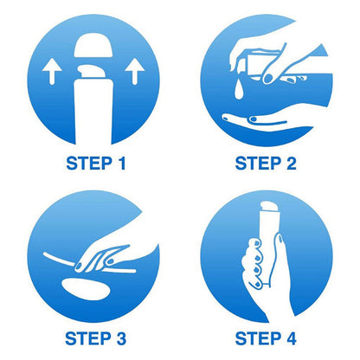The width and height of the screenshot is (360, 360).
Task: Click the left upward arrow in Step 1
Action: point(52,71)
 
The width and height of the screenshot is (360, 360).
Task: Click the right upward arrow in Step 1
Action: point(135,71)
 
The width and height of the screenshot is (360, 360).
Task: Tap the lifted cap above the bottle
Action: point(93,45)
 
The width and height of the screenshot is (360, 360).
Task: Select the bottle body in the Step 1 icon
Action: point(93,112)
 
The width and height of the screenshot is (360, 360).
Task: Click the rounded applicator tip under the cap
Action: point(93,71)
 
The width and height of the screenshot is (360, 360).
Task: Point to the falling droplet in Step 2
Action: point(239,88)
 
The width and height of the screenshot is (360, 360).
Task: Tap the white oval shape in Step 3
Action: point(86,289)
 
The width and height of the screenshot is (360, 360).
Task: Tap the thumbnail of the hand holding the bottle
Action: point(280,238)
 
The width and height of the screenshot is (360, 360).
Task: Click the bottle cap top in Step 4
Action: point(269,206)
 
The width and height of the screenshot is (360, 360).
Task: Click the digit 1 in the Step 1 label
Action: point(122,164)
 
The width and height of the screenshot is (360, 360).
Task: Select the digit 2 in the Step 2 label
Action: point(291,164)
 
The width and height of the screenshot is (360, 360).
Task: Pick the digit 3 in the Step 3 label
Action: point(121,338)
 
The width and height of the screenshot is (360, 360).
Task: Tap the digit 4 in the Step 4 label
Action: point(291,338)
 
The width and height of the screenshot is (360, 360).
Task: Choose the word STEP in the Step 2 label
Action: point(258,164)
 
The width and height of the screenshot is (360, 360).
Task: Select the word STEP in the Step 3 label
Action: point(88,338)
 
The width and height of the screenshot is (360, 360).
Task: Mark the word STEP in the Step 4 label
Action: point(258,338)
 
